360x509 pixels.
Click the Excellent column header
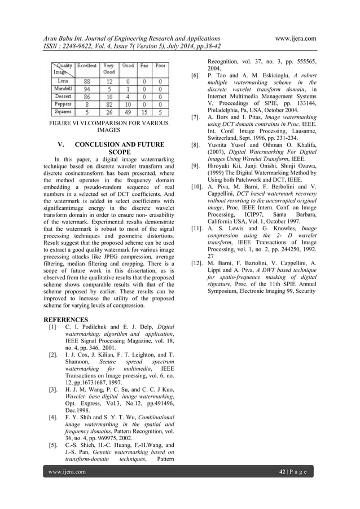87,65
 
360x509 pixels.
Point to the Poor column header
160,65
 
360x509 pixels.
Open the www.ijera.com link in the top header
293,38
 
